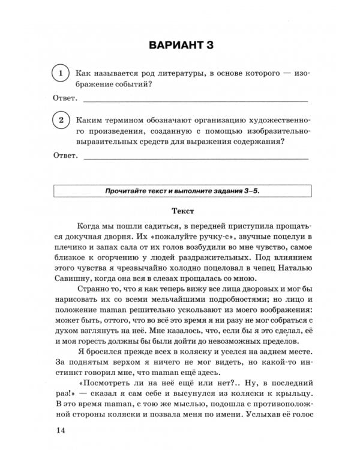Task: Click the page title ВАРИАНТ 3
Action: pos(180,46)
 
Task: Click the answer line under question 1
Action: pos(195,100)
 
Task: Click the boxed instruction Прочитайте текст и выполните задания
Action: pos(182,191)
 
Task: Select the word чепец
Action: pos(248,267)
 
